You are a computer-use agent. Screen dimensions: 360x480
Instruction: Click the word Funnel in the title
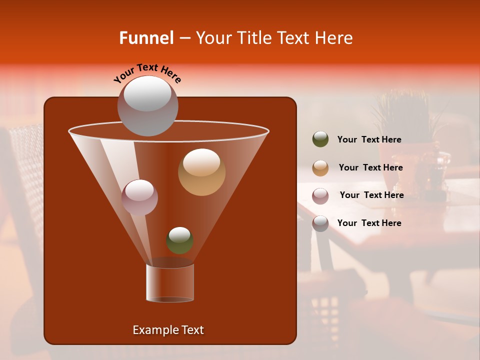pos(146,38)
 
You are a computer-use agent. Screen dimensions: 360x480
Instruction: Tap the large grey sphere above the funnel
pos(147,105)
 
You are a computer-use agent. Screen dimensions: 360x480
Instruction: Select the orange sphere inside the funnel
pos(201,172)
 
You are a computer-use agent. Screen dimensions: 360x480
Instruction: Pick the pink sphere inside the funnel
pos(139,197)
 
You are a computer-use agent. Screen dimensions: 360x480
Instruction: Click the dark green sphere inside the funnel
pos(179,240)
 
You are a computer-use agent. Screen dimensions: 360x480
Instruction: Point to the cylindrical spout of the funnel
pos(170,283)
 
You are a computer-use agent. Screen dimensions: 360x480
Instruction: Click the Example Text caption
pos(168,330)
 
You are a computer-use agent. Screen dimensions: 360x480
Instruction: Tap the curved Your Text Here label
pos(147,73)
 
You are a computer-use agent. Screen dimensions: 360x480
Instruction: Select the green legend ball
pos(320,139)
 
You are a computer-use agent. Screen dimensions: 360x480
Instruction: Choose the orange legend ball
pos(320,168)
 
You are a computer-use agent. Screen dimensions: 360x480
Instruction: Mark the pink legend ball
pos(320,195)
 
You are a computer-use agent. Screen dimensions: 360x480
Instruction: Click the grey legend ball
pos(320,223)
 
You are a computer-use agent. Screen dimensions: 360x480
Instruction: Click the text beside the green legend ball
pos(369,139)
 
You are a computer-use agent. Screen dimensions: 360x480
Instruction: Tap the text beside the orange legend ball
pos(370,167)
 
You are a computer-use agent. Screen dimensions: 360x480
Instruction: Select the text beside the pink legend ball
pos(371,195)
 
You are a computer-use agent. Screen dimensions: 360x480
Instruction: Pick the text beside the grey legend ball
pos(369,223)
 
